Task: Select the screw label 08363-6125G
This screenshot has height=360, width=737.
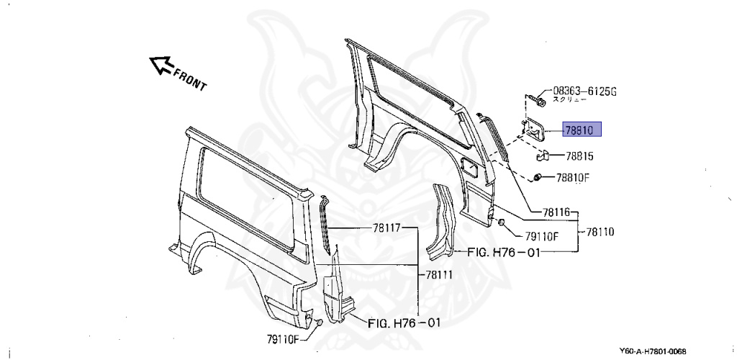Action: (x=584, y=91)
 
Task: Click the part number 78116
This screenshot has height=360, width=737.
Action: (x=556, y=212)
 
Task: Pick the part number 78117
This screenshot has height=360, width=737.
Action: (x=386, y=228)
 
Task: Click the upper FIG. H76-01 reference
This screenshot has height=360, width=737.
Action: (x=504, y=252)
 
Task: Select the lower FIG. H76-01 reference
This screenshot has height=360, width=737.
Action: (x=404, y=323)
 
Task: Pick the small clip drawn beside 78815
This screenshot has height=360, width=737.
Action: (x=544, y=155)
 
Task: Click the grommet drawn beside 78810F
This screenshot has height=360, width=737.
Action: (x=537, y=177)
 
